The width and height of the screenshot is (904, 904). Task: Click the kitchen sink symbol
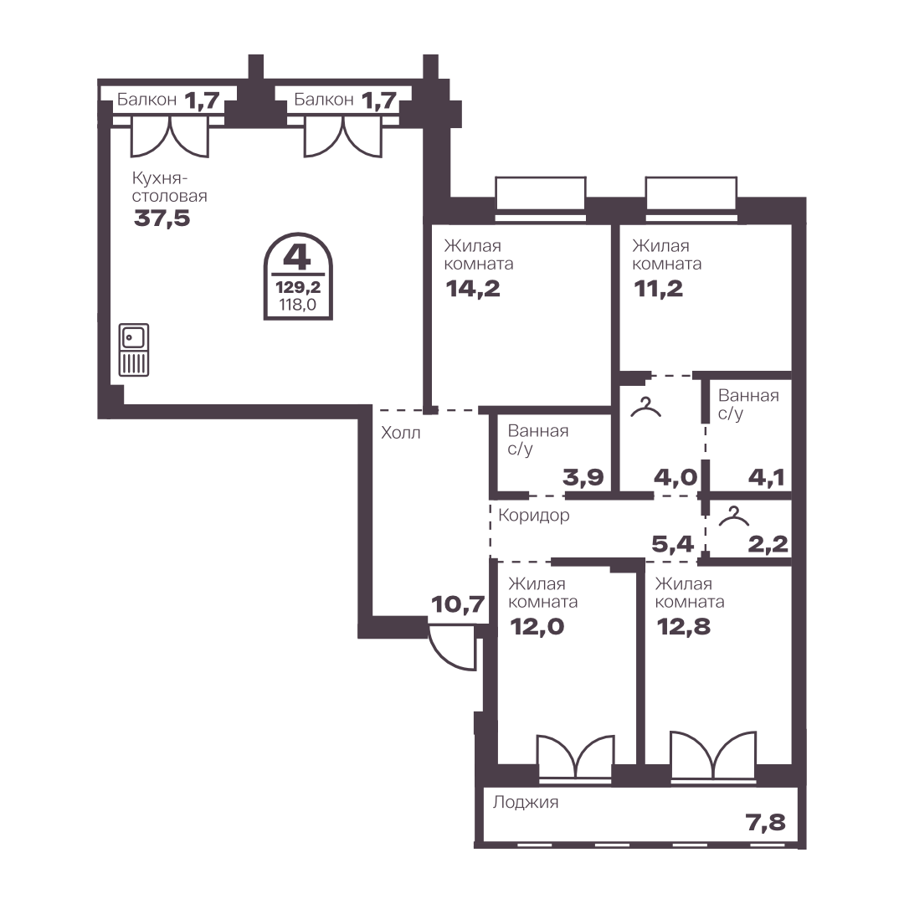[x=134, y=350]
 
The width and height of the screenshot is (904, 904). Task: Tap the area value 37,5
[x=162, y=219]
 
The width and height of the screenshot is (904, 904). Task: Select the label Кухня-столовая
[x=169, y=187]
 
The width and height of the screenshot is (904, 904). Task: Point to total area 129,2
[x=298, y=286]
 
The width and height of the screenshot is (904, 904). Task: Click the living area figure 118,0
[x=298, y=305]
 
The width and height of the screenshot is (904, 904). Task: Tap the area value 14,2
[x=473, y=289]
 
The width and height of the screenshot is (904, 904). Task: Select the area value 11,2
[x=659, y=289]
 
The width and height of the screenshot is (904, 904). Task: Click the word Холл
[x=401, y=433]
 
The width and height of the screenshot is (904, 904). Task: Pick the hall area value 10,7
[x=459, y=605]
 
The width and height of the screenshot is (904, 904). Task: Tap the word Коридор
[x=534, y=516]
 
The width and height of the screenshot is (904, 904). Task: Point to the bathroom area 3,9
[x=583, y=477]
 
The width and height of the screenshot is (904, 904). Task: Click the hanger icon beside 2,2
[x=734, y=516]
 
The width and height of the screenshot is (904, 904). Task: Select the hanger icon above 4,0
[x=646, y=407]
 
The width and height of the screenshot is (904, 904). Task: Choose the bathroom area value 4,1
[x=767, y=477]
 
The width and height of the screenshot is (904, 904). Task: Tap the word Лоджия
[x=526, y=803]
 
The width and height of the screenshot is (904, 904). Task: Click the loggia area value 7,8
[x=766, y=823]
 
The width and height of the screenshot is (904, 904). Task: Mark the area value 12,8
[x=684, y=627]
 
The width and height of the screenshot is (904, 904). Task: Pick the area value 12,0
[x=537, y=627]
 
